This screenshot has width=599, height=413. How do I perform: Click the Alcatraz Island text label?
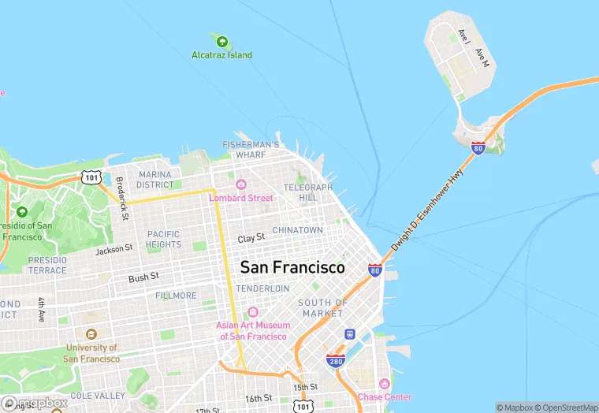[x=222, y=55]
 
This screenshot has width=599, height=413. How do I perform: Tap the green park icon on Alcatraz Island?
[x=222, y=41]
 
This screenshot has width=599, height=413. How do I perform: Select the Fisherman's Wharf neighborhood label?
[x=251, y=150]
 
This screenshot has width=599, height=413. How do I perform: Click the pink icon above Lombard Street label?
[x=240, y=185]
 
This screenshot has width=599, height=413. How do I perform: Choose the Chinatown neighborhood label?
[x=297, y=230]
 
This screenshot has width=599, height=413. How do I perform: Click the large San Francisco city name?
[x=292, y=267]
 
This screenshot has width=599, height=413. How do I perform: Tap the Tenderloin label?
[x=262, y=288]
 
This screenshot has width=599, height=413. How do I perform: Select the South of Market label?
[x=323, y=308]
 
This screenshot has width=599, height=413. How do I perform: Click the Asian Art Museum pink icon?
[x=252, y=312]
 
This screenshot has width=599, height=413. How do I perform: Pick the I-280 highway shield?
[x=335, y=360]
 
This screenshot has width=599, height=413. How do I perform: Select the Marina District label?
[x=155, y=180]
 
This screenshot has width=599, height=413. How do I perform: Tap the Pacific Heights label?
[x=163, y=239]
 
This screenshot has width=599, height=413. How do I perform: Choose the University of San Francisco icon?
[x=91, y=334]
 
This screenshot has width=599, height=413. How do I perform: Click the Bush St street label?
[x=144, y=277]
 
